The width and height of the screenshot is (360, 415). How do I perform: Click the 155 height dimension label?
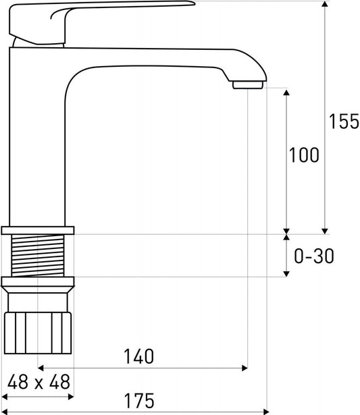click(x=344, y=121)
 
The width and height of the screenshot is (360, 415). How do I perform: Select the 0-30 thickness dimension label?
click(x=314, y=256)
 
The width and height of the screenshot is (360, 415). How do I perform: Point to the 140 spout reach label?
click(x=139, y=356)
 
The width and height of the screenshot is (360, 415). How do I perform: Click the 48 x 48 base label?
click(x=38, y=382)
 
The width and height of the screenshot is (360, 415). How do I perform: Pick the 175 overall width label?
click(x=139, y=401)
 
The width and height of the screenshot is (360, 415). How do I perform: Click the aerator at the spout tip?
click(x=248, y=85)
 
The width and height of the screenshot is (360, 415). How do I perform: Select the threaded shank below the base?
click(x=38, y=256)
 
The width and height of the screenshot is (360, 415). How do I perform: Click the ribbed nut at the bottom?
click(x=38, y=333)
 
